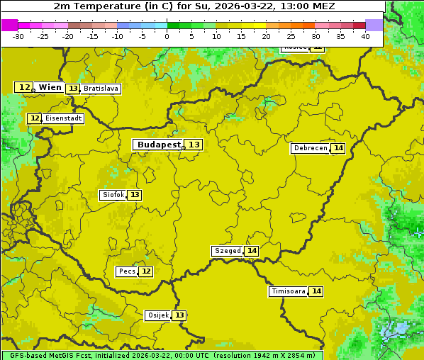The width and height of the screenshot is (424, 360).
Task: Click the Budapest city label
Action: coord(159,145)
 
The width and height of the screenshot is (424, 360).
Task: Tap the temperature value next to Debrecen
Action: coord(338,148)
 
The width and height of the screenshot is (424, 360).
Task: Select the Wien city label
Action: coord(50,87)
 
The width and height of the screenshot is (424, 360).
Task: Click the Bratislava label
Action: coord(100,89)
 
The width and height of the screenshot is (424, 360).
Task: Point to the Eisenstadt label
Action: coord(63,118)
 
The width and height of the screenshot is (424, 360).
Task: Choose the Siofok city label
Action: coord(113,195)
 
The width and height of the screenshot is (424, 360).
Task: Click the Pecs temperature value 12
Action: coord(145,271)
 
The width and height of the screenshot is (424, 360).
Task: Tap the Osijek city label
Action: coord(157,315)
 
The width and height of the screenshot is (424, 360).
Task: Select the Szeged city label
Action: coord(227,251)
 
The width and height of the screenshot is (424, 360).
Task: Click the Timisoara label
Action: coord(288,291)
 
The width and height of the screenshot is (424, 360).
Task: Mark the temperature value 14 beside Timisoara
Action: coord(316,291)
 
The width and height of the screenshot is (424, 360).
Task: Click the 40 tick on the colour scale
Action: coord(365,36)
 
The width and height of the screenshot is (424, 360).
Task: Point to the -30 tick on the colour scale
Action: coord(18,36)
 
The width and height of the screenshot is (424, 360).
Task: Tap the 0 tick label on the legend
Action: coord(167,36)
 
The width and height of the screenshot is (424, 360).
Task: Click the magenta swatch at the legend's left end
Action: coord(9,25)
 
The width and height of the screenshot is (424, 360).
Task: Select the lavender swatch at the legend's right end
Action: coord(374,25)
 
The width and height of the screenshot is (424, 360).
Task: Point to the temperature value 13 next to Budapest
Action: coord(194,145)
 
